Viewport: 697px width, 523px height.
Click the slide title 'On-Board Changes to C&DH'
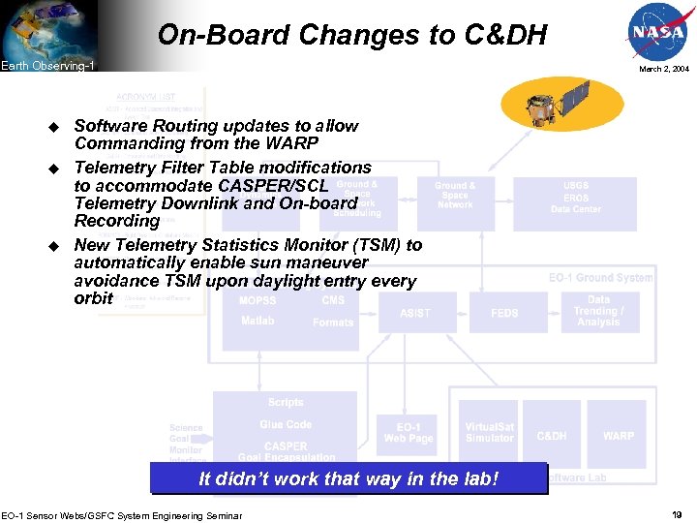pos(352,36)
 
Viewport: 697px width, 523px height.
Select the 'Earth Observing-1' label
pos(47,66)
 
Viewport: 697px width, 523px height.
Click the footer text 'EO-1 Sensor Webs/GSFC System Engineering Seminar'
pos(122,514)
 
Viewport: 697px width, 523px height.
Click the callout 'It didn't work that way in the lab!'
pos(348,478)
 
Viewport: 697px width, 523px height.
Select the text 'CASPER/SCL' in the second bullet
pos(273,185)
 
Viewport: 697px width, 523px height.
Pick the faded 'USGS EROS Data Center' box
pos(575,198)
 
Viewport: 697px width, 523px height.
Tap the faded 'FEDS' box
pos(504,313)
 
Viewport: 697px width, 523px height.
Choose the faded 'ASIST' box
pos(415,313)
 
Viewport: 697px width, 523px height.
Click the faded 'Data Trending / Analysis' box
pos(598,311)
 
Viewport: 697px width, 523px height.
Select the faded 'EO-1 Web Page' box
pos(409,433)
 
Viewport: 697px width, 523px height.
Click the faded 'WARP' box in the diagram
pos(619,436)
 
